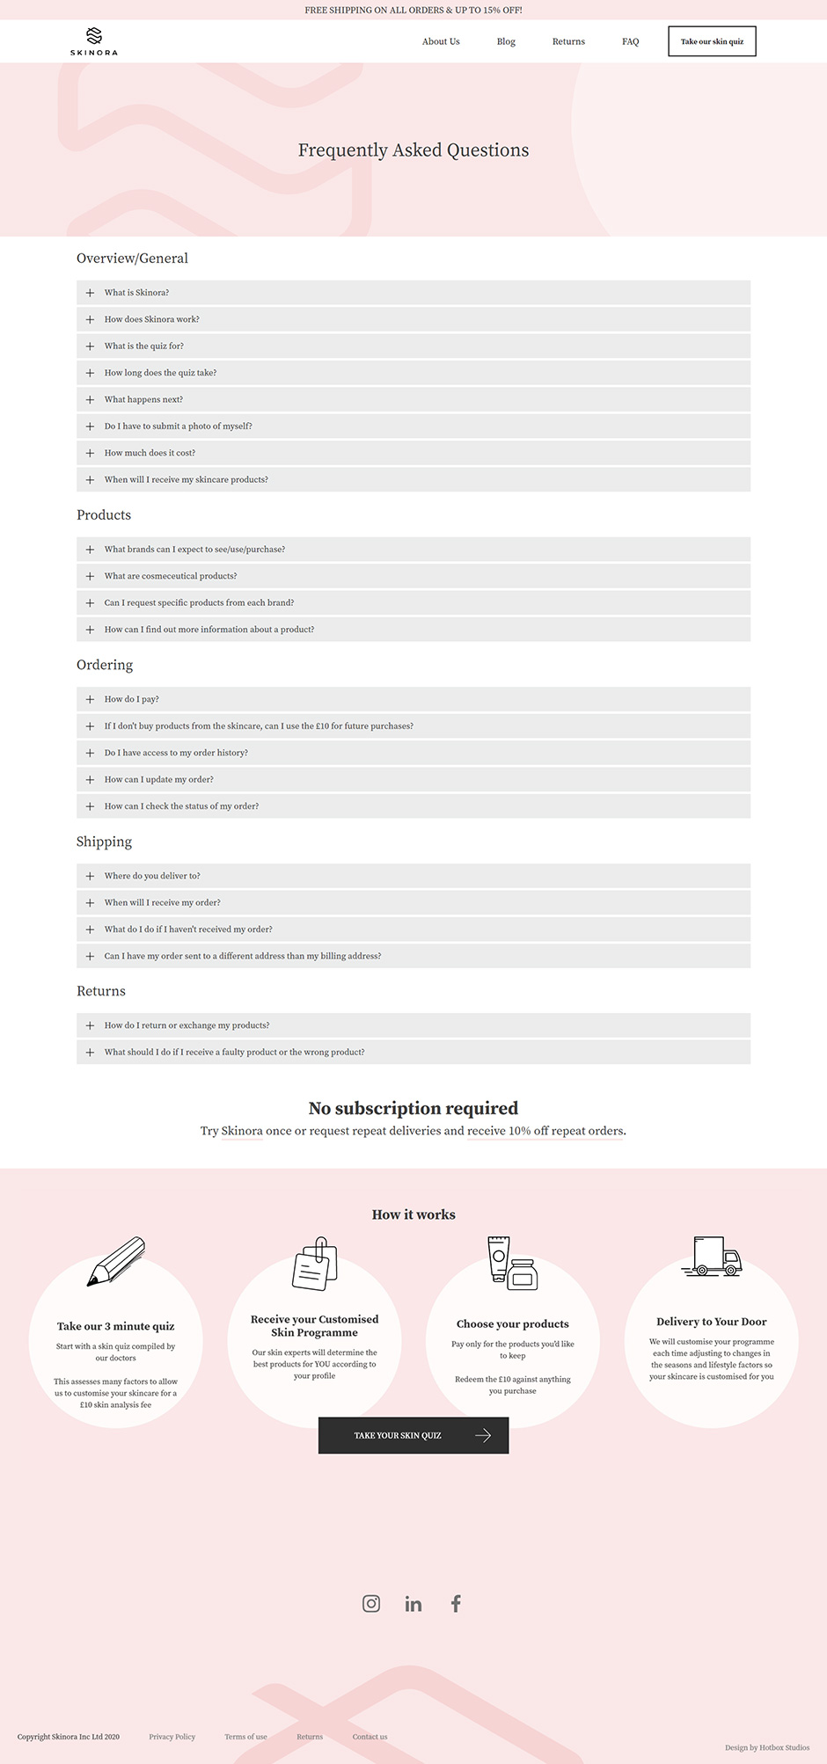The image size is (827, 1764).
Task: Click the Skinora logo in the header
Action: (x=94, y=41)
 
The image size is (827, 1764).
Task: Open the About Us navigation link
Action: (x=441, y=41)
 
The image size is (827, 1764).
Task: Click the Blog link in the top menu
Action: (x=506, y=41)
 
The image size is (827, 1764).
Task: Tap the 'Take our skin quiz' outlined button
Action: (x=712, y=41)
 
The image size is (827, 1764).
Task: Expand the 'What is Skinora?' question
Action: (x=137, y=293)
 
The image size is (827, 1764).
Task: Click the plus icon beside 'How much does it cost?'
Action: (x=90, y=453)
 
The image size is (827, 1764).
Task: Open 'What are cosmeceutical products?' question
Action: (x=171, y=576)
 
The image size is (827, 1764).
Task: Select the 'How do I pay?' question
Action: (x=132, y=699)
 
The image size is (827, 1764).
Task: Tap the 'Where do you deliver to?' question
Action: (x=152, y=876)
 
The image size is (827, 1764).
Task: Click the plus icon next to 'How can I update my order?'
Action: (x=90, y=779)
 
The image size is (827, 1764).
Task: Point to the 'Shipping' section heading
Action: (x=104, y=842)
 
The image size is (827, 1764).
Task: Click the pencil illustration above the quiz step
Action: (x=116, y=1261)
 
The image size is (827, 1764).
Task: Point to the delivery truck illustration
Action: (x=712, y=1257)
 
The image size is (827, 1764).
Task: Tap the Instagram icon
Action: (x=371, y=1603)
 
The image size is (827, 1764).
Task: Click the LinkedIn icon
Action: (x=413, y=1604)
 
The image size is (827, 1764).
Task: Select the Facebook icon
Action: (x=456, y=1603)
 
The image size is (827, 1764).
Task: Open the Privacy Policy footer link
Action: (x=172, y=1737)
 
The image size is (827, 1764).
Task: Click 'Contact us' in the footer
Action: (x=370, y=1737)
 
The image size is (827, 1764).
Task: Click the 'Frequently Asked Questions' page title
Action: (x=413, y=150)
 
